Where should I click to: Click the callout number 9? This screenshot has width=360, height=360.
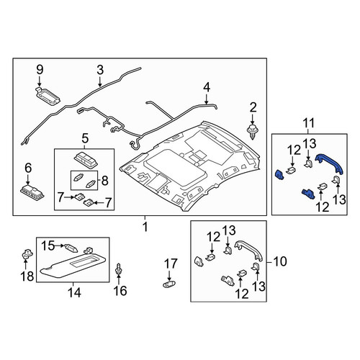click(40, 70)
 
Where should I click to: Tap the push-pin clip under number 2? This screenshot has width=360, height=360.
click(252, 132)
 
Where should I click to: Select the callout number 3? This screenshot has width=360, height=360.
click(100, 70)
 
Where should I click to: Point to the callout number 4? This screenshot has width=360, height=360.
click(207, 88)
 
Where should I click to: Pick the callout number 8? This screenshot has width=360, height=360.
click(105, 181)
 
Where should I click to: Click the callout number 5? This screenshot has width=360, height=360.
click(85, 138)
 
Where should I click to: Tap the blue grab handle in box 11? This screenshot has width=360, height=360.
click(330, 163)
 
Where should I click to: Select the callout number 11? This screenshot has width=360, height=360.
click(309, 123)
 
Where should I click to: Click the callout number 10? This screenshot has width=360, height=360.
click(280, 261)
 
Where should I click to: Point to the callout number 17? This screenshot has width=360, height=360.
click(171, 264)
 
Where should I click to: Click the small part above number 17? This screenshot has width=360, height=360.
click(169, 284)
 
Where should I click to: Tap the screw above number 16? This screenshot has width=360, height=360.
click(119, 269)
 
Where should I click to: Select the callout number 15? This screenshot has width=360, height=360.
click(48, 246)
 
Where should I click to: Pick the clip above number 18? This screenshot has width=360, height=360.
click(27, 254)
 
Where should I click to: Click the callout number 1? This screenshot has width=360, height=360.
click(145, 227)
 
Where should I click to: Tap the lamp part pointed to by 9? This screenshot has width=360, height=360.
click(47, 96)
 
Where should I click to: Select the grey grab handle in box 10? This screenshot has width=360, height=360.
click(248, 250)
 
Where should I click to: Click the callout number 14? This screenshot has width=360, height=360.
click(74, 293)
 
